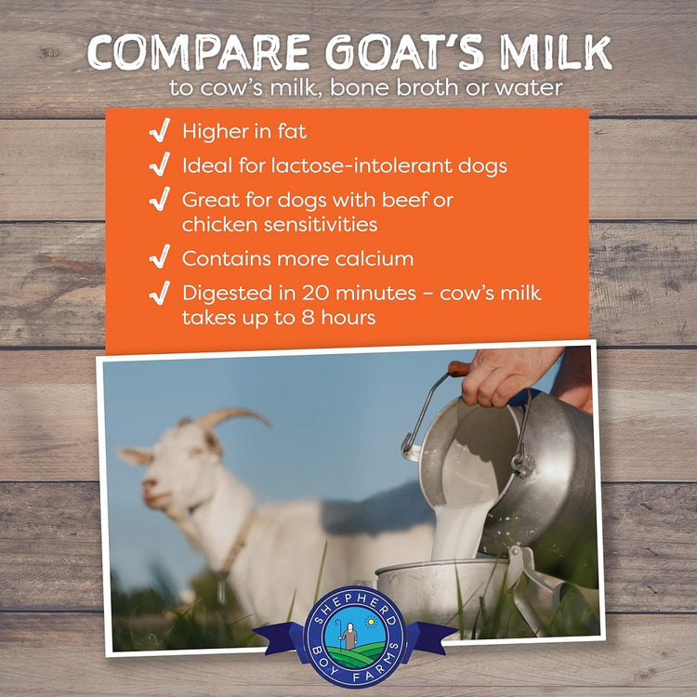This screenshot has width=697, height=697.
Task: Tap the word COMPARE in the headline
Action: click(199, 52)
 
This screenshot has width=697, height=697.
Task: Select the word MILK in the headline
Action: click(556, 52)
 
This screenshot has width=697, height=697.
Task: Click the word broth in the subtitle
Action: click(427, 87)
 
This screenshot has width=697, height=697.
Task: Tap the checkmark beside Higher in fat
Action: click(160, 130)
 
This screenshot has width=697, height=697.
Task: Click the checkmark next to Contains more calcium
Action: click(160, 256)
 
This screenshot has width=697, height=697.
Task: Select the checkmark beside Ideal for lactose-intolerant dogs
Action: click(160, 164)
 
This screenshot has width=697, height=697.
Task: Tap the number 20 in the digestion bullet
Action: click(316, 293)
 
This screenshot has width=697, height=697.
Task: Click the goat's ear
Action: click(136, 456)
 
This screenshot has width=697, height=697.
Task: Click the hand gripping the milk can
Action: click(506, 376)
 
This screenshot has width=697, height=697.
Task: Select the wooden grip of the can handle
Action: click(459, 369)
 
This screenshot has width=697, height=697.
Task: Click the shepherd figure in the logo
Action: click(348, 636)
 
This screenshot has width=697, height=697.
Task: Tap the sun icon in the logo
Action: click(370, 622)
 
